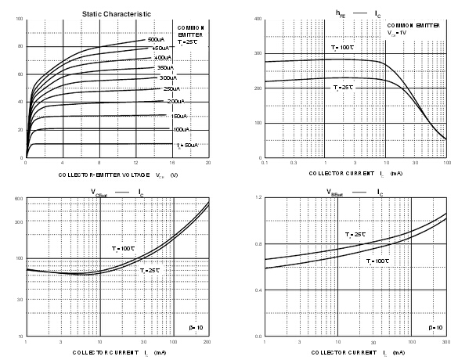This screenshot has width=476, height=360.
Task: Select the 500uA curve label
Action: (157, 39)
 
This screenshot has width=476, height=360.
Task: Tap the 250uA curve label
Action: (173, 89)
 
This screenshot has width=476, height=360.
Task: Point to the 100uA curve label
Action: (180, 129)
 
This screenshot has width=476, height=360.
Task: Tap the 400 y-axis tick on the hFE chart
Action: (255, 18)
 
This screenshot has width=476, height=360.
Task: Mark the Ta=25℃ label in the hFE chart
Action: (343, 87)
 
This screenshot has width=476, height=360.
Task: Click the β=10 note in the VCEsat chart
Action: (197, 327)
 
